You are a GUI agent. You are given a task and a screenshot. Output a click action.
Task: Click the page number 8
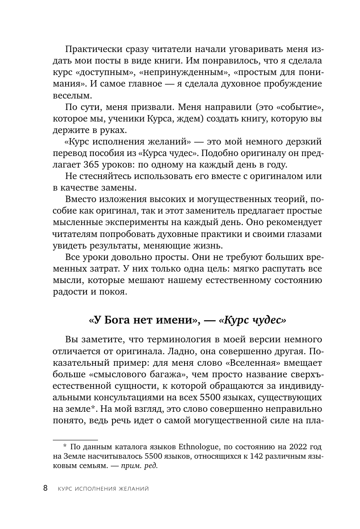coord(46,488)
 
